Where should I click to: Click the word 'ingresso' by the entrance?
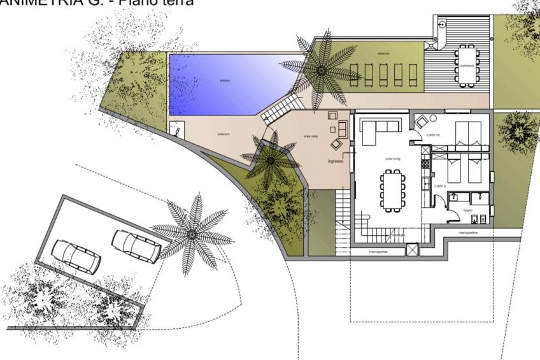tap(336, 161)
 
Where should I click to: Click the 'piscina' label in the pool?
tap(224, 81)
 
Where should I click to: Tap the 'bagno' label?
tap(467, 209)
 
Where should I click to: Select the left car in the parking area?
tap(76, 256)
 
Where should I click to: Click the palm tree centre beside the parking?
tap(192, 234)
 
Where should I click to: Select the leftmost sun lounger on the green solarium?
tap(355, 75)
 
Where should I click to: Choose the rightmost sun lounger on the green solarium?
tap(413, 75)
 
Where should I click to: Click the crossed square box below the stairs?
tap(412, 250)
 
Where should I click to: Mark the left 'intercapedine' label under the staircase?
tap(378, 252)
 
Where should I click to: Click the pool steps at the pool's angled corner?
tap(278, 110)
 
